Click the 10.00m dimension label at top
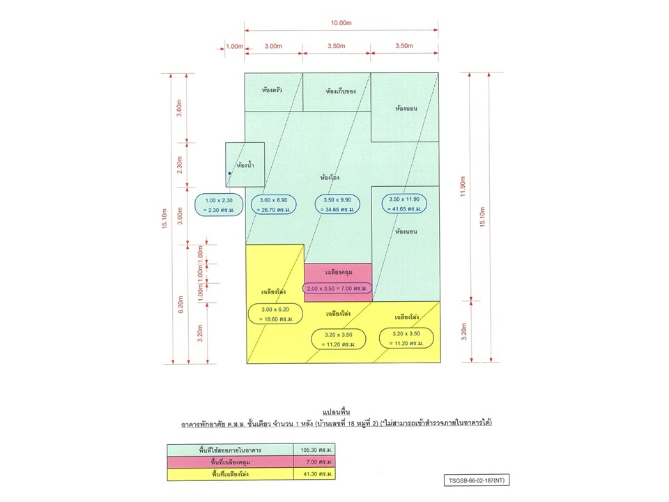pyautogui.click(x=341, y=22)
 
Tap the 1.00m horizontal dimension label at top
pyautogui.click(x=234, y=46)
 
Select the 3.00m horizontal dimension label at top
pyautogui.click(x=273, y=46)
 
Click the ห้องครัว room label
pyautogui.click(x=272, y=90)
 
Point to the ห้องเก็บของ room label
pyautogui.click(x=341, y=91)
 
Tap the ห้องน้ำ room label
pyautogui.click(x=245, y=165)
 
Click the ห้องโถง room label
pyautogui.click(x=330, y=176)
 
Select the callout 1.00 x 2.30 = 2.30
pyautogui.click(x=219, y=205)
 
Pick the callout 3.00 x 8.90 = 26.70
pyautogui.click(x=273, y=204)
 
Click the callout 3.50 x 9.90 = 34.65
pyautogui.click(x=337, y=204)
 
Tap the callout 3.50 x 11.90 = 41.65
pyautogui.click(x=404, y=204)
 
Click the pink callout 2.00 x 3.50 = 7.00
pyautogui.click(x=337, y=289)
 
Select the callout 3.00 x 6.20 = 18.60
pyautogui.click(x=276, y=314)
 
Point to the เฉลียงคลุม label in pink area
pyautogui.click(x=339, y=272)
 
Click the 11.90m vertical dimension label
pyautogui.click(x=463, y=186)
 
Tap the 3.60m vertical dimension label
pyautogui.click(x=179, y=108)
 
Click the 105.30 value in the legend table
pyautogui.click(x=316, y=450)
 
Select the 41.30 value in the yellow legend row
pyautogui.click(x=318, y=474)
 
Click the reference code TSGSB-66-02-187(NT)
pyautogui.click(x=477, y=480)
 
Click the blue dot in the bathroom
pyautogui.click(x=229, y=174)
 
